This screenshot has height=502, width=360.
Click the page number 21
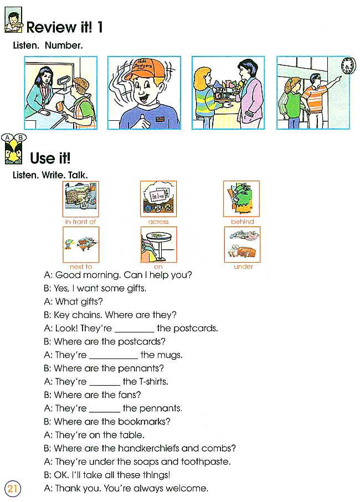tap(12, 489)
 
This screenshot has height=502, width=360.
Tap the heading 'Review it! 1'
tap(64, 27)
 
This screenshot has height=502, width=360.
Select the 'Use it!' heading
tap(50, 158)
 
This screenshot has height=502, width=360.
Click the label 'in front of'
tap(81, 222)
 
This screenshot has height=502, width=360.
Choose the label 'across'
tap(158, 222)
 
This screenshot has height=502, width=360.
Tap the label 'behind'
tap(242, 222)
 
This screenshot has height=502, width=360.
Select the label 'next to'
tap(81, 267)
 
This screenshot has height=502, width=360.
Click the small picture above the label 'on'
tap(159, 244)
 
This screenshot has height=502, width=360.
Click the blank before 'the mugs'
tap(114, 356)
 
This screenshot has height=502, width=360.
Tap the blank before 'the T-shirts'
tap(105, 382)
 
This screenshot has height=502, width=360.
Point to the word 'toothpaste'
tap(209, 462)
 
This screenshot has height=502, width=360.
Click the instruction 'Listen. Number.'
tap(48, 45)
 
